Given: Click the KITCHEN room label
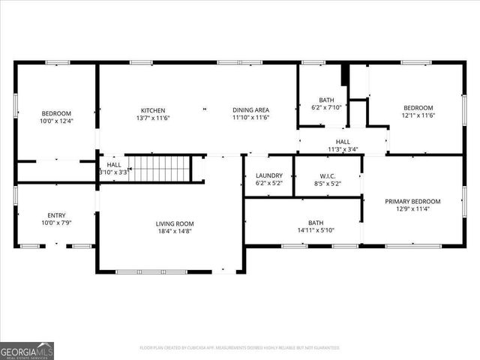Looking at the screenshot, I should (x=153, y=110).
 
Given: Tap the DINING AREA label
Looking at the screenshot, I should (x=250, y=110).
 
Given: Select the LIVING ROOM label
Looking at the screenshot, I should (x=175, y=223).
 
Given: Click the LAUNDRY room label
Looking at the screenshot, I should (x=269, y=175).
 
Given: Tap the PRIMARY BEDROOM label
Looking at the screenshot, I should (x=412, y=201).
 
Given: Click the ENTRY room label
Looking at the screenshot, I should (x=56, y=215).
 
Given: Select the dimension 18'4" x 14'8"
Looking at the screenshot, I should (x=175, y=232).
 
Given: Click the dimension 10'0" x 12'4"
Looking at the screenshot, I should (x=56, y=121).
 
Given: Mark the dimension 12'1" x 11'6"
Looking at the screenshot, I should (x=419, y=115).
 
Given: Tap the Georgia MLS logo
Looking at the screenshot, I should (x=27, y=350).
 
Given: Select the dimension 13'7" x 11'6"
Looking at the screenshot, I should (x=153, y=118).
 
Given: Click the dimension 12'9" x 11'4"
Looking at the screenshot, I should (x=412, y=209).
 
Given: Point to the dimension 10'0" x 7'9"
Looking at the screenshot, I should (x=56, y=223).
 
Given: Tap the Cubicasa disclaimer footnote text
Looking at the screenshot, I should (x=240, y=348).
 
